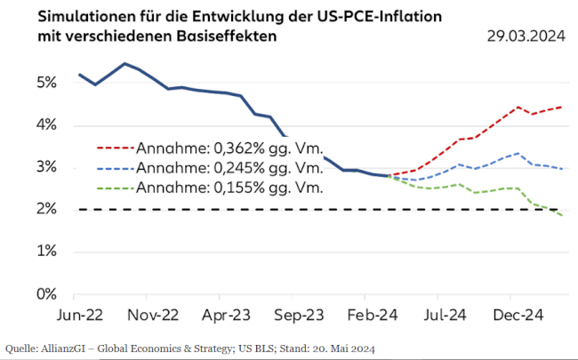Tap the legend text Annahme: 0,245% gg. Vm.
(x=229, y=167)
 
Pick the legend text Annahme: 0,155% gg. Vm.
(x=229, y=188)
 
